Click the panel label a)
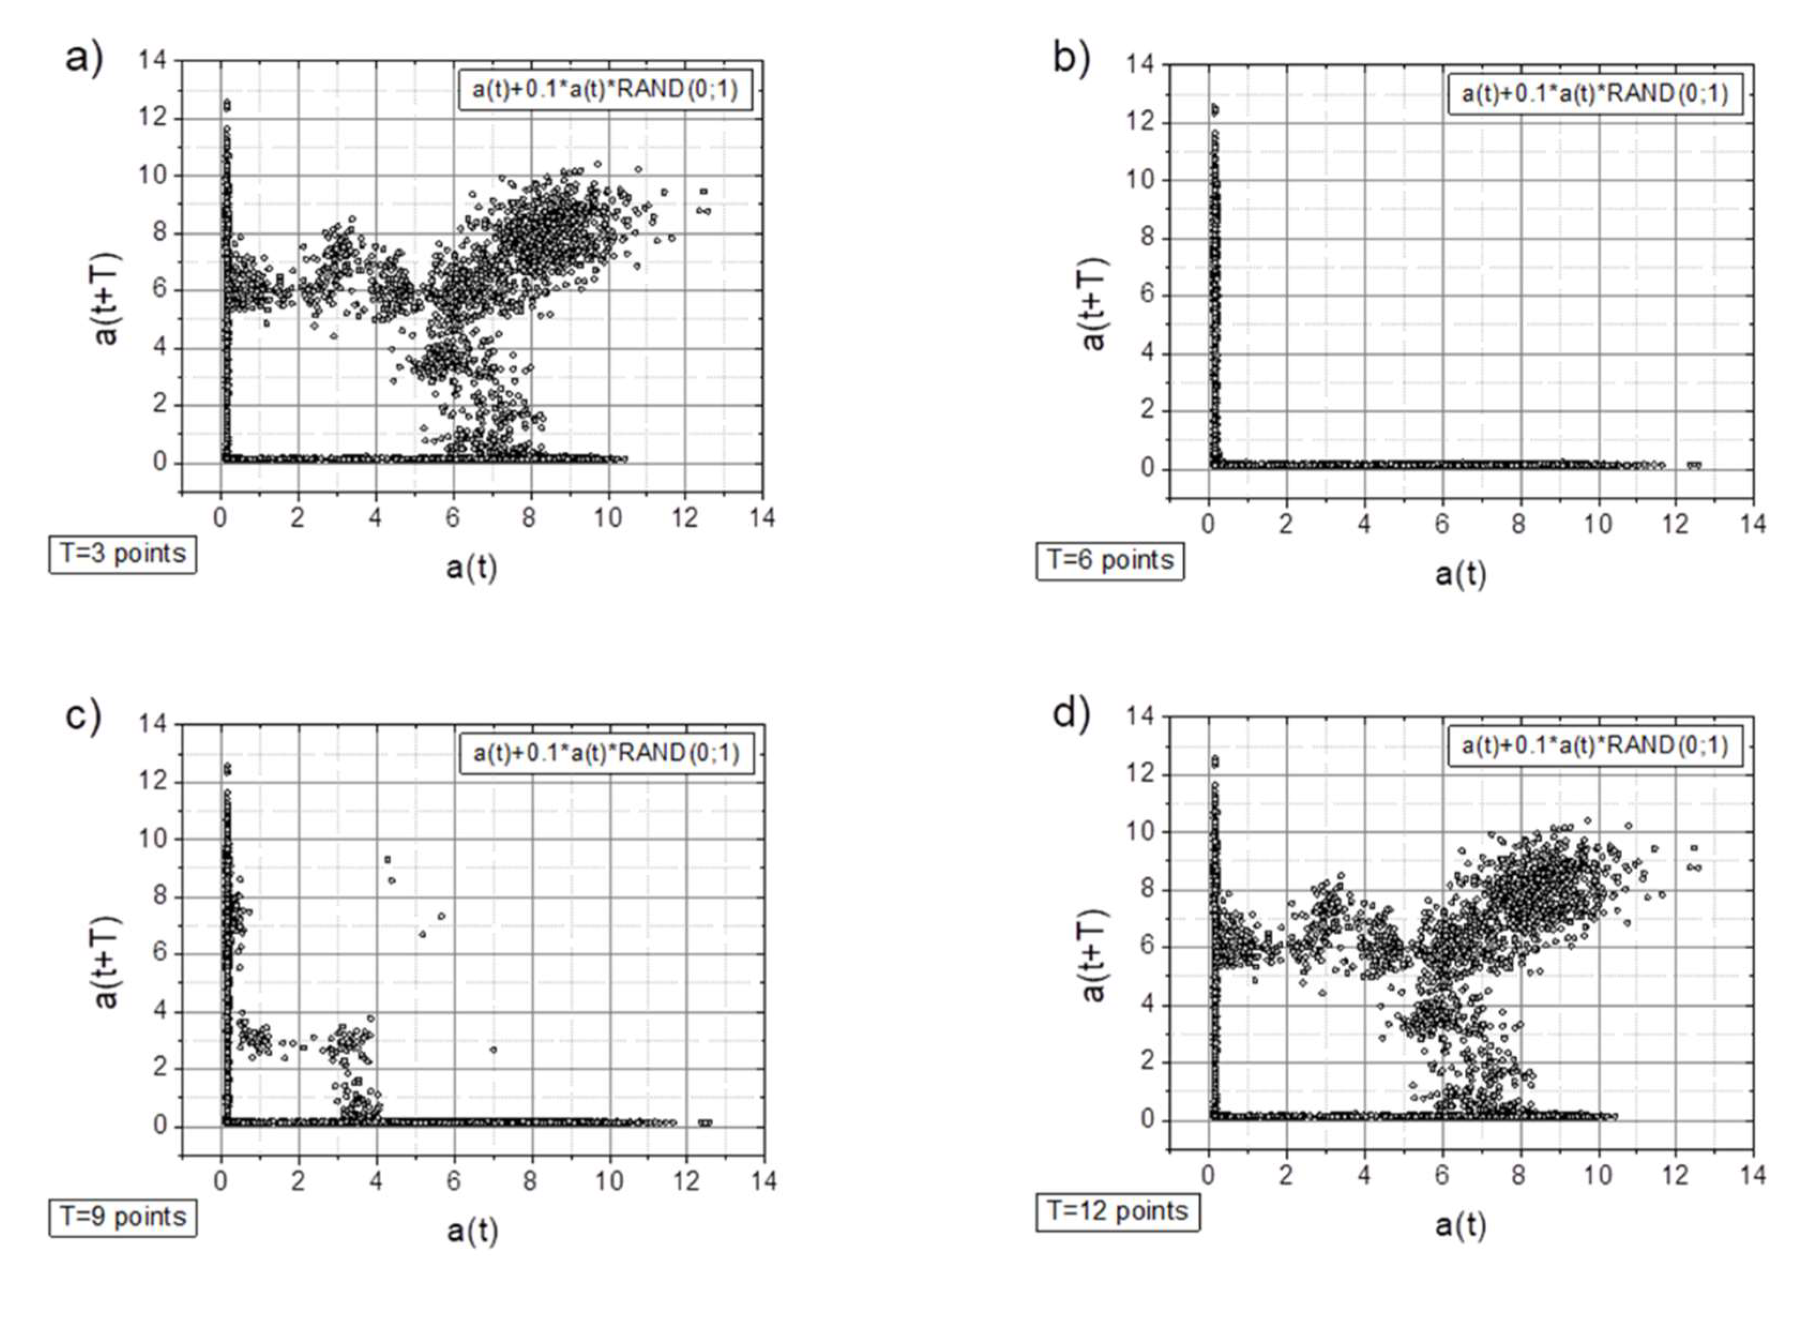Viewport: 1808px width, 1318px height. coord(84,59)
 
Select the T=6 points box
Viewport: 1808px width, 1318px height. coord(1110,560)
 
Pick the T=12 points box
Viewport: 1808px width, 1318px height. coord(1117,1211)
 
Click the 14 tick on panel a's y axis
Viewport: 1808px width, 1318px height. coord(153,60)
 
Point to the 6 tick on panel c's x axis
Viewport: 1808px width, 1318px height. coord(453,1181)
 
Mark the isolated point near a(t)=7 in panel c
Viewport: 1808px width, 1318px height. coord(493,1050)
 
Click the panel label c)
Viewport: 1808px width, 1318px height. coord(83,716)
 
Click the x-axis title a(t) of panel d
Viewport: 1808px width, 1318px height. coord(1460,1225)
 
